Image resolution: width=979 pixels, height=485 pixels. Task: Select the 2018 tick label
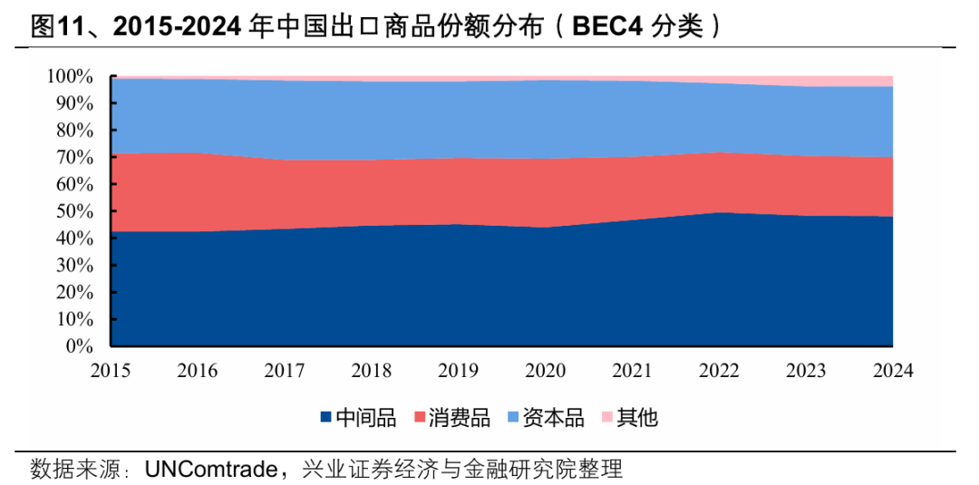pyautogui.click(x=371, y=371)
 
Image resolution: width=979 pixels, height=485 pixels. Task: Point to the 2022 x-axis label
pyautogui.click(x=719, y=371)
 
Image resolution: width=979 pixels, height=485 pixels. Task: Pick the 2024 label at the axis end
pyautogui.click(x=892, y=371)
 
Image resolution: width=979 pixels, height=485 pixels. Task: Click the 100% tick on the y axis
pyautogui.click(x=71, y=77)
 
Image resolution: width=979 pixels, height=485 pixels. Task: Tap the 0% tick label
pyautogui.click(x=80, y=346)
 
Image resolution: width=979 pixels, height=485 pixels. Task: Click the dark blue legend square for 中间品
pyautogui.click(x=325, y=418)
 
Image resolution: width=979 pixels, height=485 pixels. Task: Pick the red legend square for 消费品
pyautogui.click(x=420, y=418)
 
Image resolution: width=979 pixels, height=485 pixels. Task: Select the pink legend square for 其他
pyautogui.click(x=606, y=418)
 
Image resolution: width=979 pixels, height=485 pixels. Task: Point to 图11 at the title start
pyautogui.click(x=56, y=27)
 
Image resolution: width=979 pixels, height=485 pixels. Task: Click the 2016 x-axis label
pyautogui.click(x=197, y=371)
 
